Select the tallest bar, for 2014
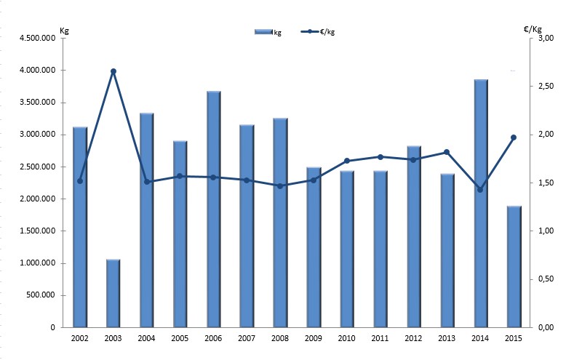(x=481, y=204)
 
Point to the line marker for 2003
(x=113, y=71)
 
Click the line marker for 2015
(x=514, y=137)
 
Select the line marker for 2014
(x=480, y=190)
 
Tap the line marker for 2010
(x=347, y=161)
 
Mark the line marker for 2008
(x=280, y=185)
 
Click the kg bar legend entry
(x=268, y=31)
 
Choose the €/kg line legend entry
(x=320, y=31)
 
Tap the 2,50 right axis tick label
(x=546, y=87)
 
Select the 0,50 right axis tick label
(x=546, y=279)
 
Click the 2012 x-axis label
(x=414, y=339)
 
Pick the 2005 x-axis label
(x=180, y=339)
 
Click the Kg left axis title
(x=63, y=30)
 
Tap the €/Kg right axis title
(x=533, y=30)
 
